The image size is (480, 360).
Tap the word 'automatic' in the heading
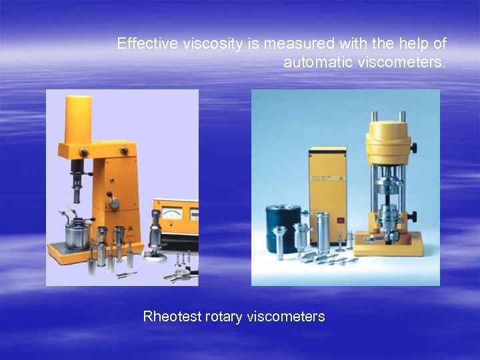tap(312, 63)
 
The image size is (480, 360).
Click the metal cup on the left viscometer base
tap(76, 233)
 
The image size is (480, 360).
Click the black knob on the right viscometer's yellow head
tap(415, 147)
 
